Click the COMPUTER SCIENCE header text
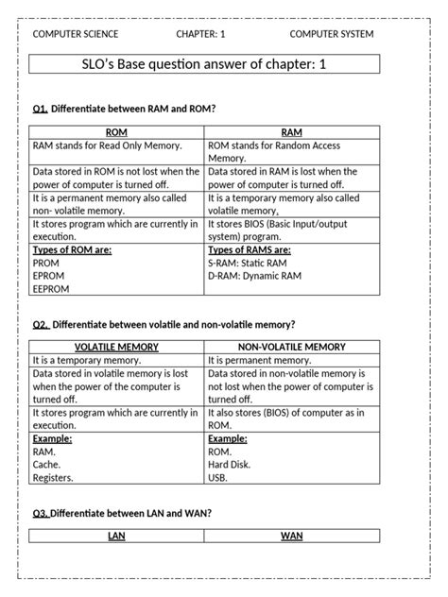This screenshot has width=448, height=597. (x=76, y=34)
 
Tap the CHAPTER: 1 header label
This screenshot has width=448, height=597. (x=200, y=34)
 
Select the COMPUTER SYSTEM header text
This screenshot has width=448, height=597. (x=331, y=34)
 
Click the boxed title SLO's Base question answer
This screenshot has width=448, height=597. (x=204, y=64)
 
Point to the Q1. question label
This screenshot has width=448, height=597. (x=40, y=109)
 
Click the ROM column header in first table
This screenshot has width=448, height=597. (x=116, y=133)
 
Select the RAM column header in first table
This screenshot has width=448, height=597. (x=291, y=133)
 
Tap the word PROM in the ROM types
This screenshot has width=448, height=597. (x=46, y=264)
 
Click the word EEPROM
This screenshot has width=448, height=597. (x=51, y=290)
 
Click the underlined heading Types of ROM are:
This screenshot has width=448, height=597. (x=72, y=250)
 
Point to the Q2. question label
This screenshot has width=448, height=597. (x=40, y=324)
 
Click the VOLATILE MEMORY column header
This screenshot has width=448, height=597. (x=116, y=348)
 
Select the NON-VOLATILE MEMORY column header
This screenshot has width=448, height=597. (x=291, y=348)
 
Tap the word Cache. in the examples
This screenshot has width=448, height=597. (x=47, y=465)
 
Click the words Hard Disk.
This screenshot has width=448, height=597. (x=229, y=465)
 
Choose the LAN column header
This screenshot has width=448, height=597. (x=116, y=537)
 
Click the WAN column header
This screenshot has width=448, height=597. (x=291, y=537)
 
